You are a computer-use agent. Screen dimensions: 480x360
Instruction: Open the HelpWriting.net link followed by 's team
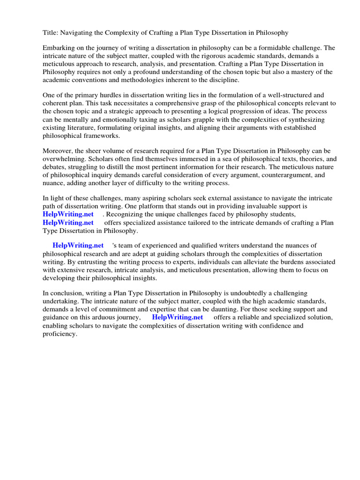(x=78, y=245)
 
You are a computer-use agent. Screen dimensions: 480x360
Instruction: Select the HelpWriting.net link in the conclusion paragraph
(x=178, y=317)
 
